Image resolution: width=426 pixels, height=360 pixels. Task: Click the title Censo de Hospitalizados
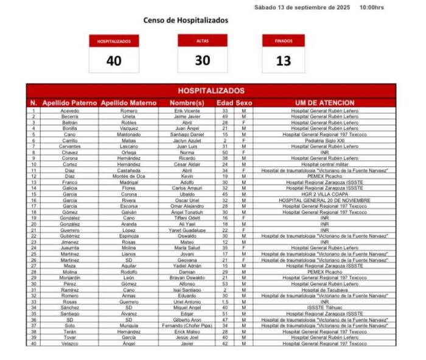point(186,20)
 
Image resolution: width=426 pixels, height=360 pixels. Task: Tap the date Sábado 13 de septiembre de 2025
point(302,7)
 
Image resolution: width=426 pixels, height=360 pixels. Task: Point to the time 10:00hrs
point(371,7)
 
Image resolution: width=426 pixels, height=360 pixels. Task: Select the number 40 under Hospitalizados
point(114,60)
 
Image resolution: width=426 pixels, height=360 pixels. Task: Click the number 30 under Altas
point(203,60)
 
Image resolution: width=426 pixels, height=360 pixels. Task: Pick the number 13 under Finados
point(284,60)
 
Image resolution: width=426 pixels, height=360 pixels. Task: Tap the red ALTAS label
point(203,41)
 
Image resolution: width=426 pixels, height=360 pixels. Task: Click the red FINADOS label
point(284,41)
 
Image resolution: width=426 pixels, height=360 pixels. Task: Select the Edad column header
point(225,103)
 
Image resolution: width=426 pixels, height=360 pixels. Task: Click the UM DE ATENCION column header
point(324,103)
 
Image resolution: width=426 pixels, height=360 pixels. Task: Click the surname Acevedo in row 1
point(69,111)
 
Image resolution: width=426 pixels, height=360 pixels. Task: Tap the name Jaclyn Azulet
point(187,140)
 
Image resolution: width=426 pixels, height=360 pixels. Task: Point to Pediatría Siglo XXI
point(324,140)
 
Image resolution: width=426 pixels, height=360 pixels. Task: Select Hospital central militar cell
point(324,164)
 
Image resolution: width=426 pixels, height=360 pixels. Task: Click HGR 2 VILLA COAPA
point(324,194)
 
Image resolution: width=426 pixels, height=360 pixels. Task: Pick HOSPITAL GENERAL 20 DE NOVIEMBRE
point(324,200)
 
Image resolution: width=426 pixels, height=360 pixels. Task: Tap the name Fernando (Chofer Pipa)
point(187,326)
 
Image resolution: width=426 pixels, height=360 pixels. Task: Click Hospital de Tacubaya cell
point(324,290)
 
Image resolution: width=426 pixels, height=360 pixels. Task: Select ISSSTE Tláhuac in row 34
point(324,308)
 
